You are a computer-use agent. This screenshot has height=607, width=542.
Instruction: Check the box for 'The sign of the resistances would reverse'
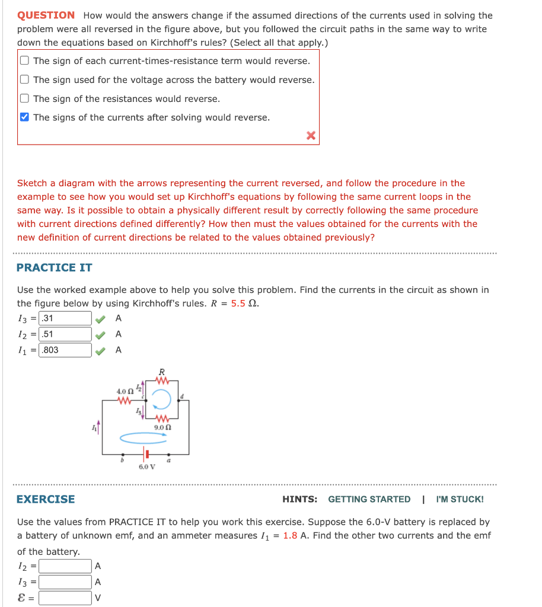[24, 98]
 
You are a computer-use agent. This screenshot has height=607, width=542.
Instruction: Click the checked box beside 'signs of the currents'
[24, 117]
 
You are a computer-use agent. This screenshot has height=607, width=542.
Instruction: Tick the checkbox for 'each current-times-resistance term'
[24, 60]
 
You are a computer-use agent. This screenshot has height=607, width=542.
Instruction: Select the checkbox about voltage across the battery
[24, 79]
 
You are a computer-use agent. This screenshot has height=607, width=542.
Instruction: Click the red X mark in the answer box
[310, 136]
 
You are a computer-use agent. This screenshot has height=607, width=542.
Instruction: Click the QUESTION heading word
[46, 15]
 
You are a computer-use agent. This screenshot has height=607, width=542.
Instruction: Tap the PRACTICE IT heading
[55, 267]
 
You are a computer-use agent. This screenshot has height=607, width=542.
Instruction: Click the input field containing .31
[65, 318]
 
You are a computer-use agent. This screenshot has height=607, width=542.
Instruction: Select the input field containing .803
[65, 350]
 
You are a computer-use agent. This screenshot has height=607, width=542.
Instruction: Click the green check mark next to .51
[101, 334]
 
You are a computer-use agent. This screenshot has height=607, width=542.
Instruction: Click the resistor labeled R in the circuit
[162, 381]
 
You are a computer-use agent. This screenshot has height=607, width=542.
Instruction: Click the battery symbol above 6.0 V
[144, 456]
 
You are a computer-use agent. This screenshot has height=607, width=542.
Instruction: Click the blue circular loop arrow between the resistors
[162, 400]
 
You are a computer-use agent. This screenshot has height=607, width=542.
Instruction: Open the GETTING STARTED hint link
[369, 499]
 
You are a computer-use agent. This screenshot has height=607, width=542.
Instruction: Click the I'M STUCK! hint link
[460, 499]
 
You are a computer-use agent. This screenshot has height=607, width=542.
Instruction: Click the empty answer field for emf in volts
[65, 598]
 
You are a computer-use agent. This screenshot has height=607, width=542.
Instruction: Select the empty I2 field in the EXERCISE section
[65, 567]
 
